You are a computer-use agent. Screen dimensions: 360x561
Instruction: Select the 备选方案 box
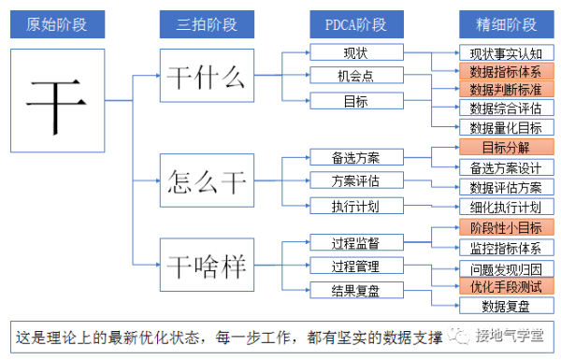pyautogui.click(x=355, y=156)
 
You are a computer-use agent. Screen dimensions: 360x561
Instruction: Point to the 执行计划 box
pyautogui.click(x=355, y=205)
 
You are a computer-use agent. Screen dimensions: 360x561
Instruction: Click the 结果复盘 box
pyautogui.click(x=355, y=289)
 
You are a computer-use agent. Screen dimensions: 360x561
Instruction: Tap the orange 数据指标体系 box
pyautogui.click(x=506, y=71)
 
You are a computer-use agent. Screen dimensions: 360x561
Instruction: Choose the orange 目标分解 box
pyautogui.click(x=506, y=148)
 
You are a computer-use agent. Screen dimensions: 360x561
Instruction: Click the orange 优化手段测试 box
pyautogui.click(x=506, y=287)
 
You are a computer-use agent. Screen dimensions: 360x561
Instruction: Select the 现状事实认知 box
pyautogui.click(x=506, y=52)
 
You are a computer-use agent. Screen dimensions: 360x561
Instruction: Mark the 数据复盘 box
pyautogui.click(x=506, y=306)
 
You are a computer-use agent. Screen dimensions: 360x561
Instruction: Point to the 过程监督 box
pyautogui.click(x=355, y=243)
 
